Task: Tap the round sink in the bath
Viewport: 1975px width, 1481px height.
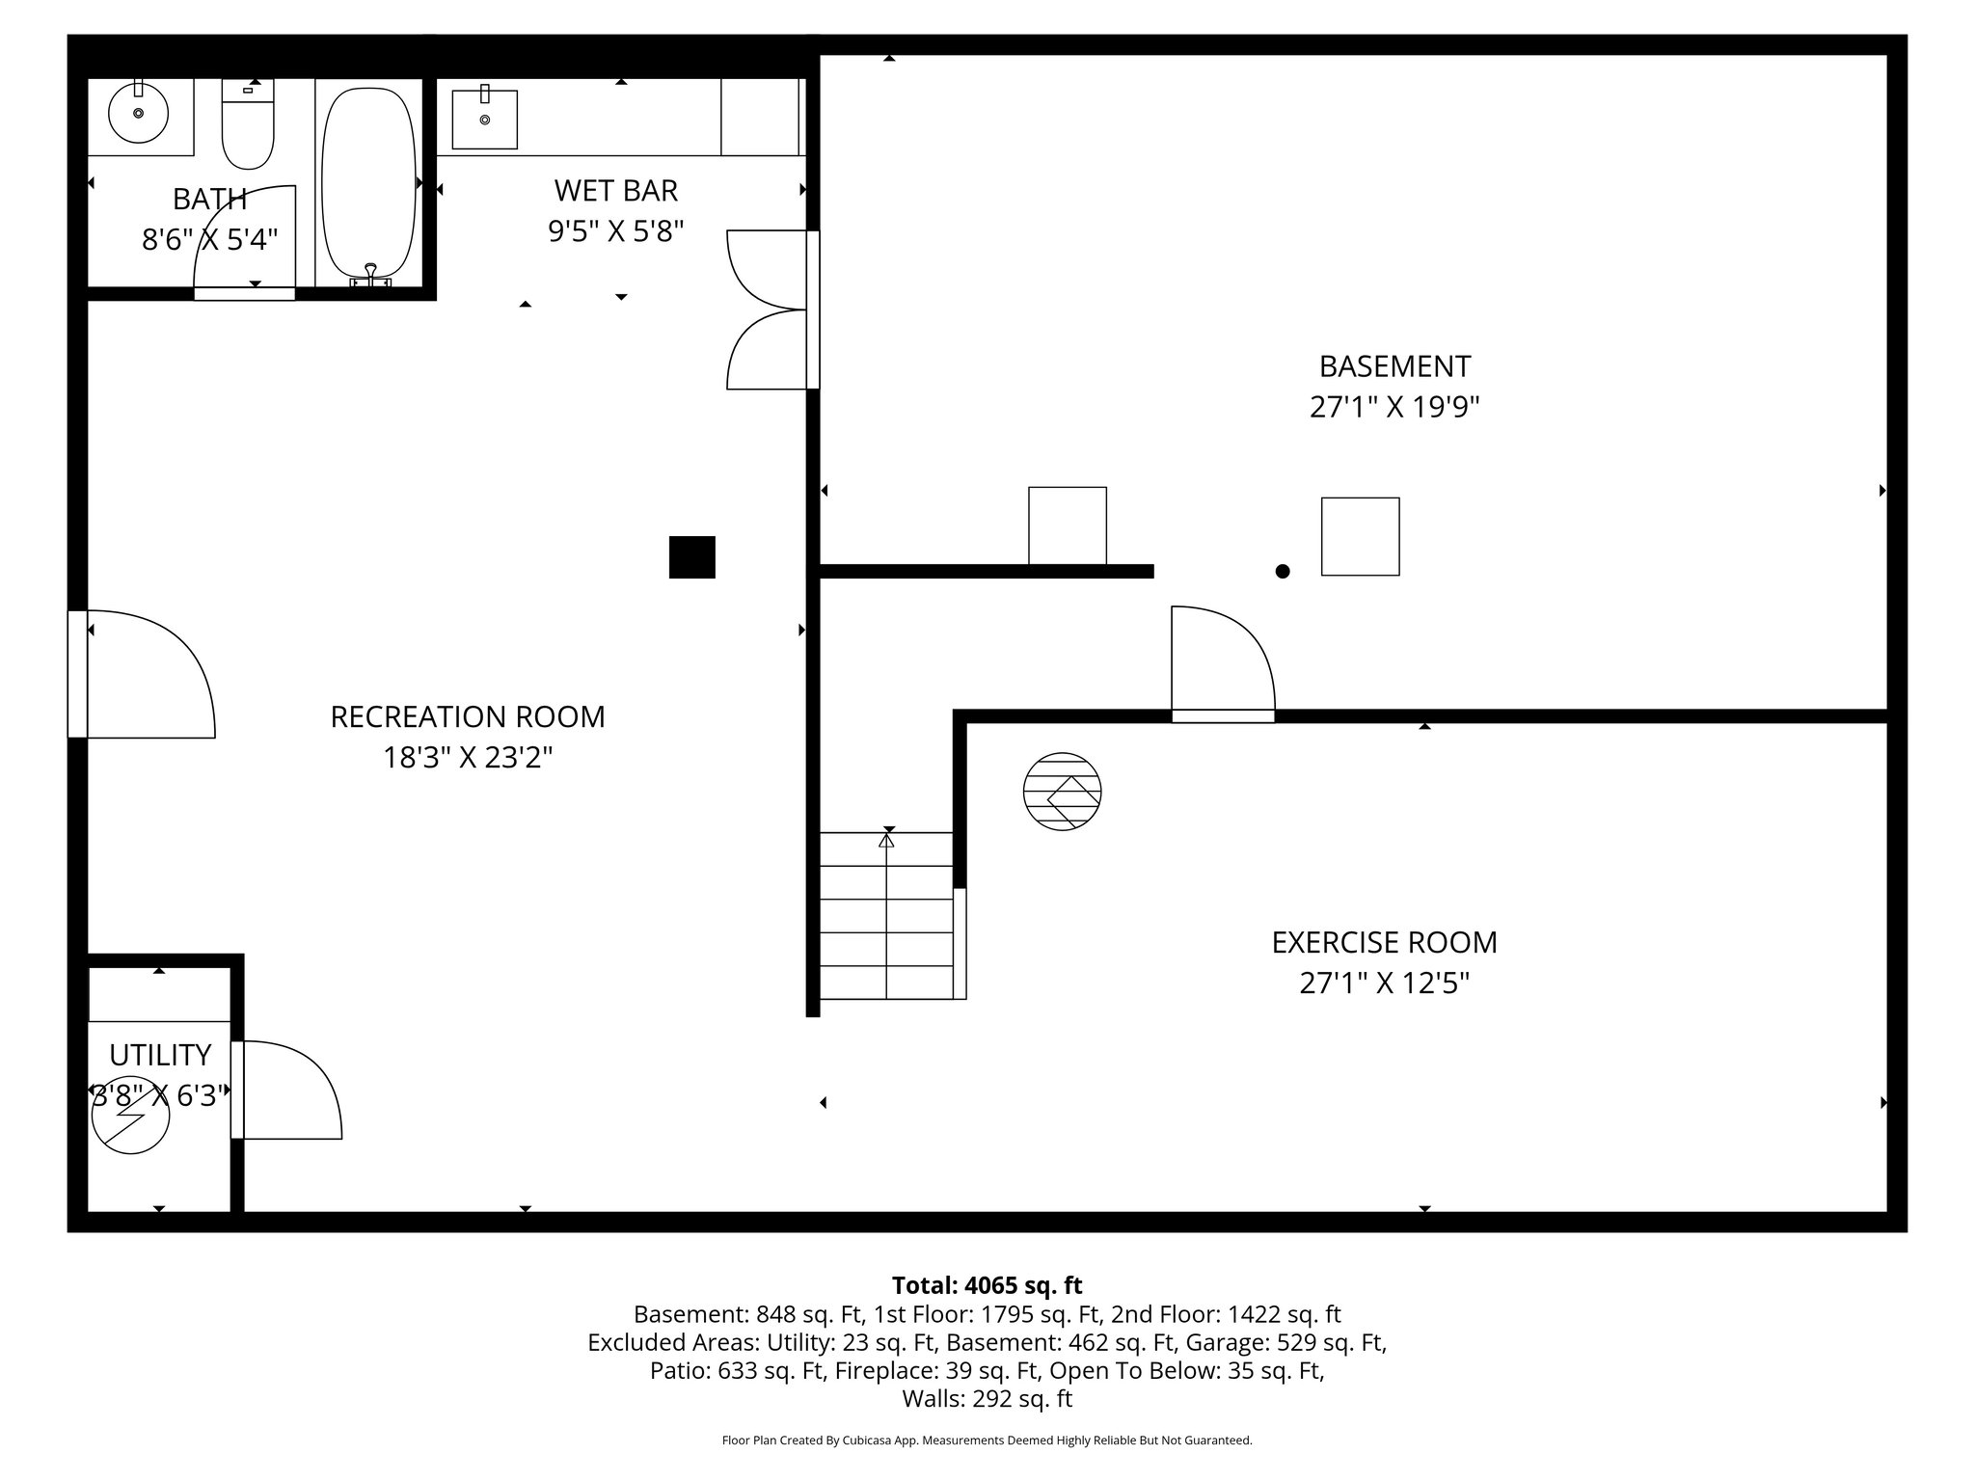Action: pos(139,114)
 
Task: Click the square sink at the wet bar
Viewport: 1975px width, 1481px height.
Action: pos(484,120)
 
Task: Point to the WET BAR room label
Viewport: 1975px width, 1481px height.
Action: pos(615,191)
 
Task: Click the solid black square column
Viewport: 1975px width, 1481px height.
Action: pos(692,557)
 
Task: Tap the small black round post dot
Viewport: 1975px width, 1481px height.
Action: pos(1283,572)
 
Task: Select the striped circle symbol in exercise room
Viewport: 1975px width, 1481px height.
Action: pos(1062,792)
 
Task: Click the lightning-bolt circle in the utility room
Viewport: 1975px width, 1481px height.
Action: pos(131,1116)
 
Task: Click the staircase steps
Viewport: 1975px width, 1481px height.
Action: pos(886,916)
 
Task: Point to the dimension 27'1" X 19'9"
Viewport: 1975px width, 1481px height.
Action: pos(1394,408)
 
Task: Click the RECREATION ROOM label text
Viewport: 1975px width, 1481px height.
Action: pos(468,717)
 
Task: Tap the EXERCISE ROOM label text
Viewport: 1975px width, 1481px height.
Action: pos(1384,943)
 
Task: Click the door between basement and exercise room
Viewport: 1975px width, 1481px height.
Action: pos(1222,665)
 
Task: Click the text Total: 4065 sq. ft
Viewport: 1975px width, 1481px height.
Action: pos(987,1285)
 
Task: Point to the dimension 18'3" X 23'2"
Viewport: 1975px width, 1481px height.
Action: pos(468,759)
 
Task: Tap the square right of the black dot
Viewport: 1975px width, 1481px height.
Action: pos(1360,537)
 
